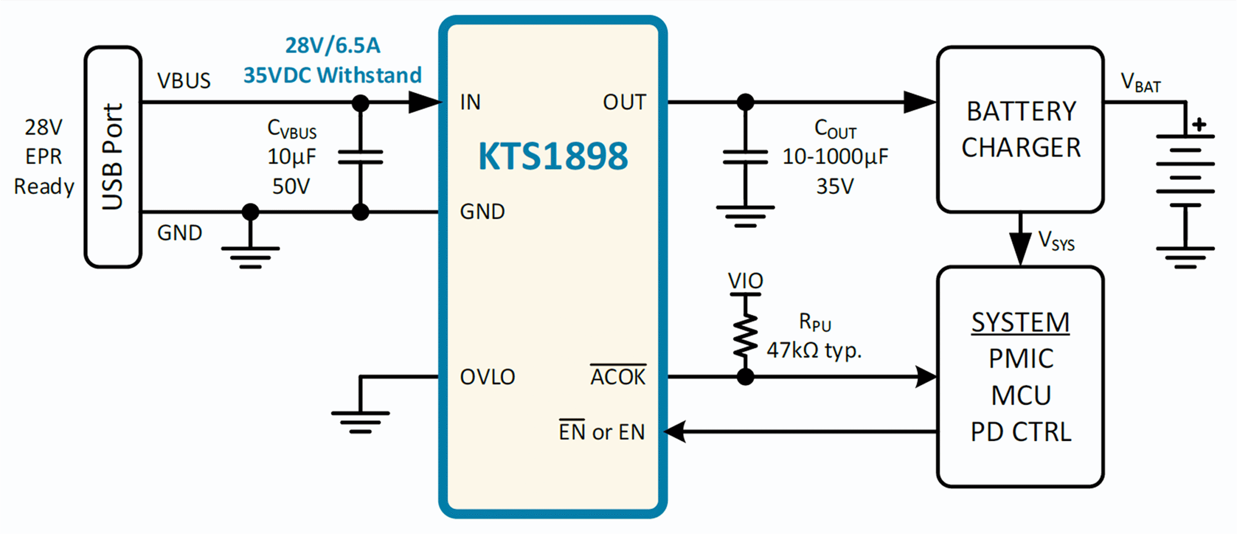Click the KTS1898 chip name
pyautogui.click(x=553, y=156)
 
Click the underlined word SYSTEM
pyautogui.click(x=1021, y=323)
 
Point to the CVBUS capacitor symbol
pyautogui.click(x=360, y=157)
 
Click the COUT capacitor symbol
pyautogui.click(x=746, y=157)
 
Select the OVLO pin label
pyautogui.click(x=488, y=377)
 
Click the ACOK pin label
pyautogui.click(x=618, y=376)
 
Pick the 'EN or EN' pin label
pyautogui.click(x=602, y=431)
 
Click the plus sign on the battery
pyautogui.click(x=1199, y=125)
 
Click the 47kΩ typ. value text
pyautogui.click(x=814, y=351)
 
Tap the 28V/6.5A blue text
pyautogui.click(x=333, y=45)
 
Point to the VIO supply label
pyautogui.click(x=746, y=281)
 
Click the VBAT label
pyautogui.click(x=1140, y=83)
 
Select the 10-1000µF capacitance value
pyautogui.click(x=835, y=156)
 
